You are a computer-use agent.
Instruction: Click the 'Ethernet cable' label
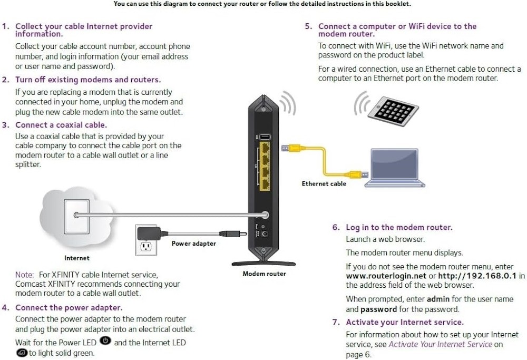(324, 183)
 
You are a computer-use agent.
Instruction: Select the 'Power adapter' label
(193, 244)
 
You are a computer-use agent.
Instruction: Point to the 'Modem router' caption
(264, 274)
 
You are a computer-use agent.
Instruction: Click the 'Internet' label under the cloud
(77, 258)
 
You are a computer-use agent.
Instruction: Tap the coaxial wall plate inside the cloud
(76, 216)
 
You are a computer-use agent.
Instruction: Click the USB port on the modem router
(265, 138)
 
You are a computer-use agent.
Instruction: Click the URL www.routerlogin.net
(386, 276)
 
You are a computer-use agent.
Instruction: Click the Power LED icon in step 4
(105, 342)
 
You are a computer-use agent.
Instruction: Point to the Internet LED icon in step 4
(22, 353)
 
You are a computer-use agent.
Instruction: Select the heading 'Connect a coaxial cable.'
(61, 125)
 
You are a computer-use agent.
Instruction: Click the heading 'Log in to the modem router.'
(399, 227)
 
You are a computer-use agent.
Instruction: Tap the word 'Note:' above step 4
(24, 275)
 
